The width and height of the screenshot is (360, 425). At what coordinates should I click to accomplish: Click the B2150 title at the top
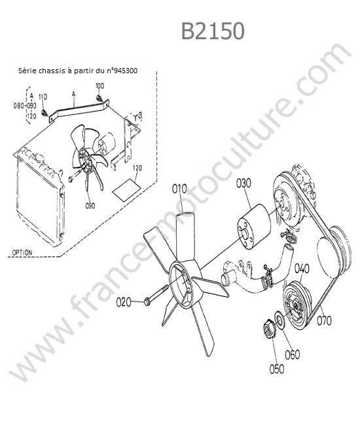click(x=213, y=31)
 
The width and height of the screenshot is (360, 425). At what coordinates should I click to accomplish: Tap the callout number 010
click(x=179, y=189)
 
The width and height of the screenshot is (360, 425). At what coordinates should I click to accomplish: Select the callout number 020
click(x=124, y=302)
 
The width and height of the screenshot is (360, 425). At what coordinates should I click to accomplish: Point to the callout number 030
click(x=243, y=183)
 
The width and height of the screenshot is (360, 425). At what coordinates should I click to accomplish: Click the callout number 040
click(x=302, y=269)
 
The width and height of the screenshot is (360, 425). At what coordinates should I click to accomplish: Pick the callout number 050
click(x=277, y=369)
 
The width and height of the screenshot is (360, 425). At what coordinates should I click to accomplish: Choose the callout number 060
click(x=292, y=354)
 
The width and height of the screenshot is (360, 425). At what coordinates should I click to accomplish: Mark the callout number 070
click(x=324, y=320)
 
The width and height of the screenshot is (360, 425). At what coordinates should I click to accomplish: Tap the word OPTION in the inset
click(x=22, y=252)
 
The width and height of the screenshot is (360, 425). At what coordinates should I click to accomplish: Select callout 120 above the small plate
click(x=137, y=168)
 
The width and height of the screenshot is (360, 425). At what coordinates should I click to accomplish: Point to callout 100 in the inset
click(x=99, y=86)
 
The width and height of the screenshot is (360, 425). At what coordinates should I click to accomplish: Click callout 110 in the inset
click(x=43, y=97)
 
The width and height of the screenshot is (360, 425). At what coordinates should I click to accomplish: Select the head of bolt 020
click(x=147, y=301)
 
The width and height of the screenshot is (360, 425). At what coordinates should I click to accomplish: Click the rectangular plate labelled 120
click(x=127, y=190)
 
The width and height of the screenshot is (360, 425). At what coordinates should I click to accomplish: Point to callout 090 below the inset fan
click(x=90, y=206)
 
